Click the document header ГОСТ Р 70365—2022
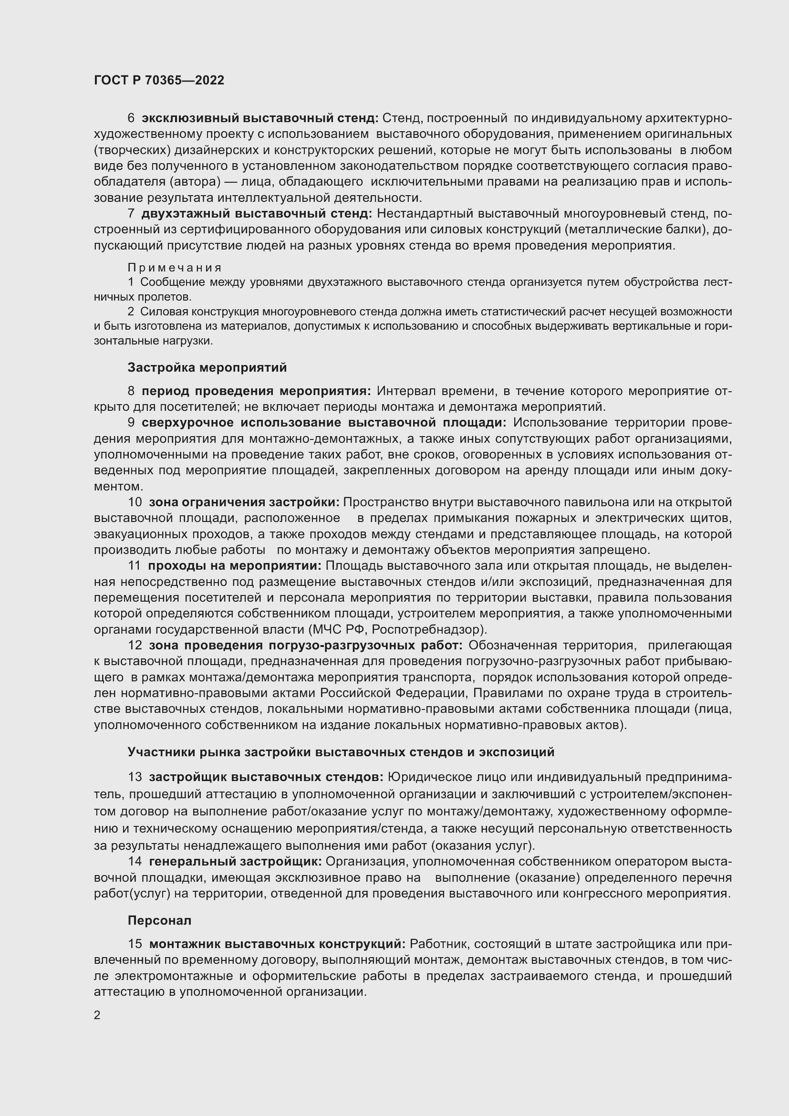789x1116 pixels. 159,80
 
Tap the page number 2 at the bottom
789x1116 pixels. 97,1015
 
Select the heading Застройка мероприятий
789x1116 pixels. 207,367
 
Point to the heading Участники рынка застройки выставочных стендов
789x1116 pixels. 341,752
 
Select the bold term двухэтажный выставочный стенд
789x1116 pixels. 257,213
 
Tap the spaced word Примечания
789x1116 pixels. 175,267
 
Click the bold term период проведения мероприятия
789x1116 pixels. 256,391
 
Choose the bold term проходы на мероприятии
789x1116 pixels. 235,566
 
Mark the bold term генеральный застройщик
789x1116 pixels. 235,861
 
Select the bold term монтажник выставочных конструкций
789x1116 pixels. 277,944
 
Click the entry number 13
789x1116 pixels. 135,777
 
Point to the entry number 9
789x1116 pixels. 131,423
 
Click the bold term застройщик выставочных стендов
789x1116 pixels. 266,777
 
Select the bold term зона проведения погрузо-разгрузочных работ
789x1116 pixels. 306,646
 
